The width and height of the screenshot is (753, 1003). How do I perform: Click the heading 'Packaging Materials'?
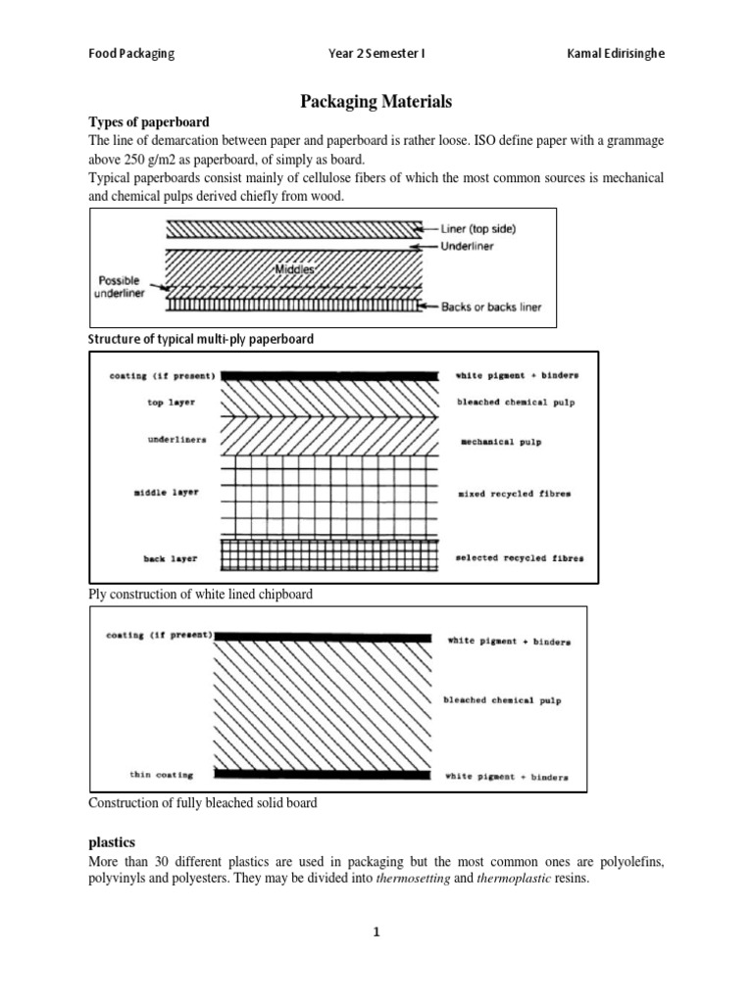coord(376,100)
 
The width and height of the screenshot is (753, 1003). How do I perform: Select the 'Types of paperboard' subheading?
coord(149,122)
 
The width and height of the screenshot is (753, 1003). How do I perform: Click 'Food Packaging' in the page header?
coord(131,54)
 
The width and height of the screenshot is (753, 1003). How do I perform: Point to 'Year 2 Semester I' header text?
coord(376,54)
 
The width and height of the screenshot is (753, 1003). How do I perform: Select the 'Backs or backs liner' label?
coord(490,307)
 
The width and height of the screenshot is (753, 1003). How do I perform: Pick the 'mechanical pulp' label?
coord(501,442)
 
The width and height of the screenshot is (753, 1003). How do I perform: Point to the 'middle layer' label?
coord(166,492)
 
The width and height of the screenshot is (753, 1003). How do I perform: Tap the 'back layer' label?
coord(171,558)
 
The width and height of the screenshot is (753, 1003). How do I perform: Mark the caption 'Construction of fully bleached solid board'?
coord(203,803)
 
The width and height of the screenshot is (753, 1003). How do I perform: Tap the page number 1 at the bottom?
coord(376,933)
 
